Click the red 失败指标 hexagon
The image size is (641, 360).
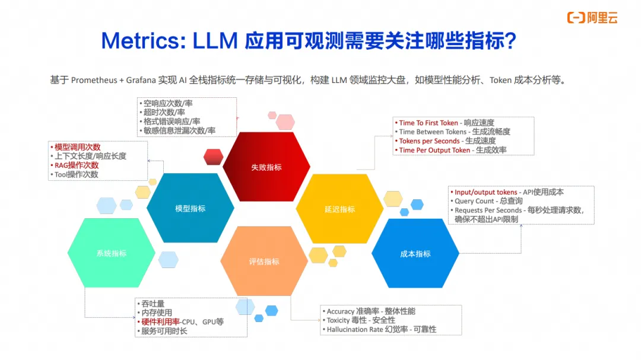pos(266,167)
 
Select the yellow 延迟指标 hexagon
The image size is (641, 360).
pos(339,209)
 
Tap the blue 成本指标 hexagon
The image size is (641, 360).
pos(415,254)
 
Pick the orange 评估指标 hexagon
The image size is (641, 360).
pos(264,262)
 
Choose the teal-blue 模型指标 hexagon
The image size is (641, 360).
pos(190,209)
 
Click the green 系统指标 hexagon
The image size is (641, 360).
pos(112,253)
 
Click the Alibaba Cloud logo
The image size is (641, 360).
pos(592,18)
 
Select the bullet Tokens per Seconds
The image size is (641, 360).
pos(429,141)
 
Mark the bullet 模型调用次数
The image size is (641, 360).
pos(77,147)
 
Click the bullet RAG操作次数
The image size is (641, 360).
pos(77,165)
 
